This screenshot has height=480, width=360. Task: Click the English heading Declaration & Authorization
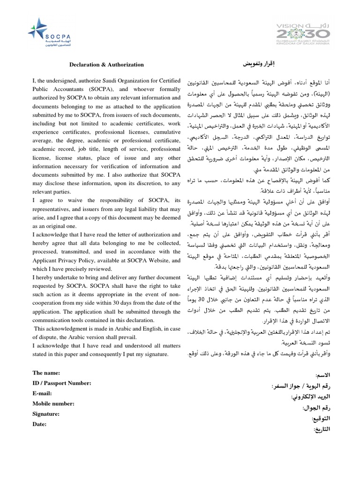pyautogui.click(x=106, y=65)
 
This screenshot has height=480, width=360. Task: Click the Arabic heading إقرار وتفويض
pyautogui.click(x=258, y=63)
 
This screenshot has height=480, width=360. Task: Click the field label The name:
pyautogui.click(x=46, y=373)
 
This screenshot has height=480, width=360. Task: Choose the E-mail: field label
pyautogui.click(x=43, y=393)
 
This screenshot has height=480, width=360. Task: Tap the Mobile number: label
pyautogui.click(x=53, y=403)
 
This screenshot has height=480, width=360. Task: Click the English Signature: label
pyautogui.click(x=46, y=414)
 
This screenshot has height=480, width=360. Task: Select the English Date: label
pyautogui.click(x=40, y=424)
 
